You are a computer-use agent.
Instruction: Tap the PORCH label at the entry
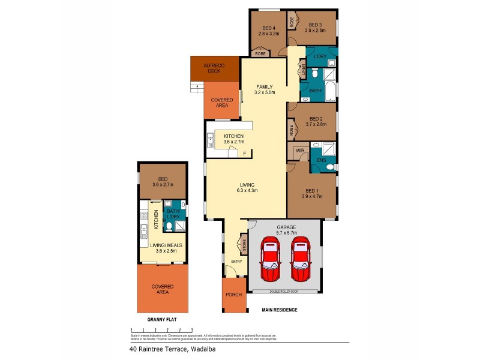[x=234, y=295]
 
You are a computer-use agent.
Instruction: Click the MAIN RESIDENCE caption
[x=280, y=310]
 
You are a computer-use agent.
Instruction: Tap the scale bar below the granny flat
[x=161, y=330]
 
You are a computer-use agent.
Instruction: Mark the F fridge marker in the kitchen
[x=245, y=154]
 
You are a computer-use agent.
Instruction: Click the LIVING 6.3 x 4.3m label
[x=247, y=187]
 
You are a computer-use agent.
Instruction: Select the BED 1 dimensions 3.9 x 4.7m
[x=312, y=196]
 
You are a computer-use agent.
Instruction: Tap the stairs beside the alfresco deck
[x=194, y=88]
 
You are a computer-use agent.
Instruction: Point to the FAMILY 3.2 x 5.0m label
[x=264, y=89]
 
